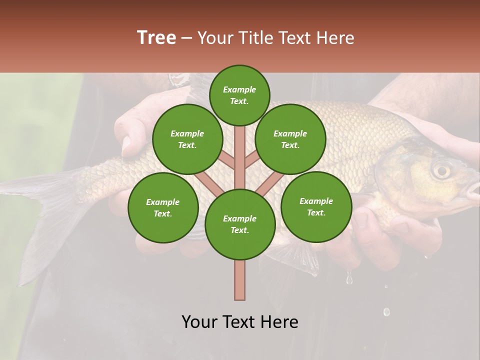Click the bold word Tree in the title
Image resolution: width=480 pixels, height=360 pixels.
(156, 38)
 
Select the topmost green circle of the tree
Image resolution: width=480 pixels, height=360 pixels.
(239, 95)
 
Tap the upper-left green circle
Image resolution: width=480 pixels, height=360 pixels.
(187, 139)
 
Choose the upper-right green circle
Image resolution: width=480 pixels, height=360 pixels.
(290, 139)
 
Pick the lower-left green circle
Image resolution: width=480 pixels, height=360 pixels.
(163, 207)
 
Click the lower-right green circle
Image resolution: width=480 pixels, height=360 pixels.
(316, 206)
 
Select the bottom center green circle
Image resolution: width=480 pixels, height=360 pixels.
(240, 224)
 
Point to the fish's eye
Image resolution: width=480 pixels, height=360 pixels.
(440, 170)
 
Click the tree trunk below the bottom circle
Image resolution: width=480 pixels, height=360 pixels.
(239, 280)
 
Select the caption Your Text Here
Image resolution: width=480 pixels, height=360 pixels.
(240, 322)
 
